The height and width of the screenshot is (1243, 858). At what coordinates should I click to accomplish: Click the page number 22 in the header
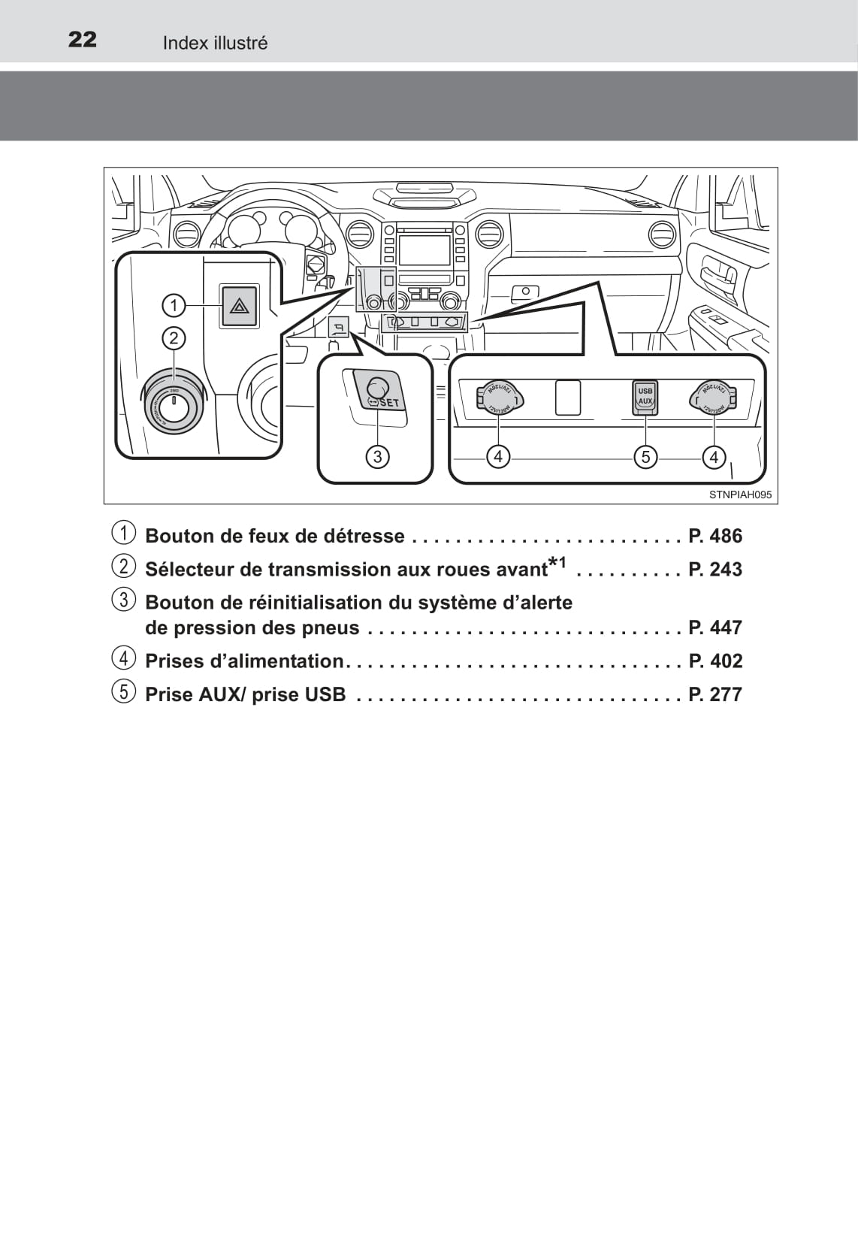click(x=82, y=39)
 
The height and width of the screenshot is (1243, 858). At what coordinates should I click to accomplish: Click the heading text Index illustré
click(x=215, y=43)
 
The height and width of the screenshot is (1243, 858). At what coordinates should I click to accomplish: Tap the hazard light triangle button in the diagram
click(x=239, y=306)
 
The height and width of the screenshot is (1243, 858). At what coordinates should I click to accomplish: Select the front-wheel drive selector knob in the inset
click(x=173, y=407)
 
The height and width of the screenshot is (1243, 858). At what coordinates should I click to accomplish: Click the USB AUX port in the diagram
click(x=645, y=396)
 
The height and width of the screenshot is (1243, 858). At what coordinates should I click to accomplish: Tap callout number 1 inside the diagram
click(x=174, y=305)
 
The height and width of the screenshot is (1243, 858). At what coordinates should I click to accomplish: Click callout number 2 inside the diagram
click(x=174, y=338)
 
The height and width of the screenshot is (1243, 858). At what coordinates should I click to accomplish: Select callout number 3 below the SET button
click(x=377, y=456)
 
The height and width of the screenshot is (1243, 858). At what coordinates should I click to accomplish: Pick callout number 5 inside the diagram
click(x=645, y=456)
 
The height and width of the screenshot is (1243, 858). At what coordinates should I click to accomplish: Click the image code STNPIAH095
click(x=740, y=495)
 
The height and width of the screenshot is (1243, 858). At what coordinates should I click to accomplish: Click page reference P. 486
click(x=714, y=536)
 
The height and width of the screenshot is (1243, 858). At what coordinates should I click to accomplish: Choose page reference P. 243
click(x=714, y=569)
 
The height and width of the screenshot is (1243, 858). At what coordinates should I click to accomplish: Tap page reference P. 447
click(x=714, y=627)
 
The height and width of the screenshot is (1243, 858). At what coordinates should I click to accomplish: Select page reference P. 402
click(x=714, y=661)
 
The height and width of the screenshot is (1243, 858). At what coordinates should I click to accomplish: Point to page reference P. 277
click(x=714, y=694)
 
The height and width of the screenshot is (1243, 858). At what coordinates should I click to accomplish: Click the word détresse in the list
click(x=364, y=536)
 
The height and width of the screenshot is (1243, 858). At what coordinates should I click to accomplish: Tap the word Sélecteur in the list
click(x=189, y=569)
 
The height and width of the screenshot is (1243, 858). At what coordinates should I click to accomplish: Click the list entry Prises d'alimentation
click(x=244, y=661)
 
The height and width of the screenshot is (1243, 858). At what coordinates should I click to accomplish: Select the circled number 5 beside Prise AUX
click(x=124, y=691)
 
